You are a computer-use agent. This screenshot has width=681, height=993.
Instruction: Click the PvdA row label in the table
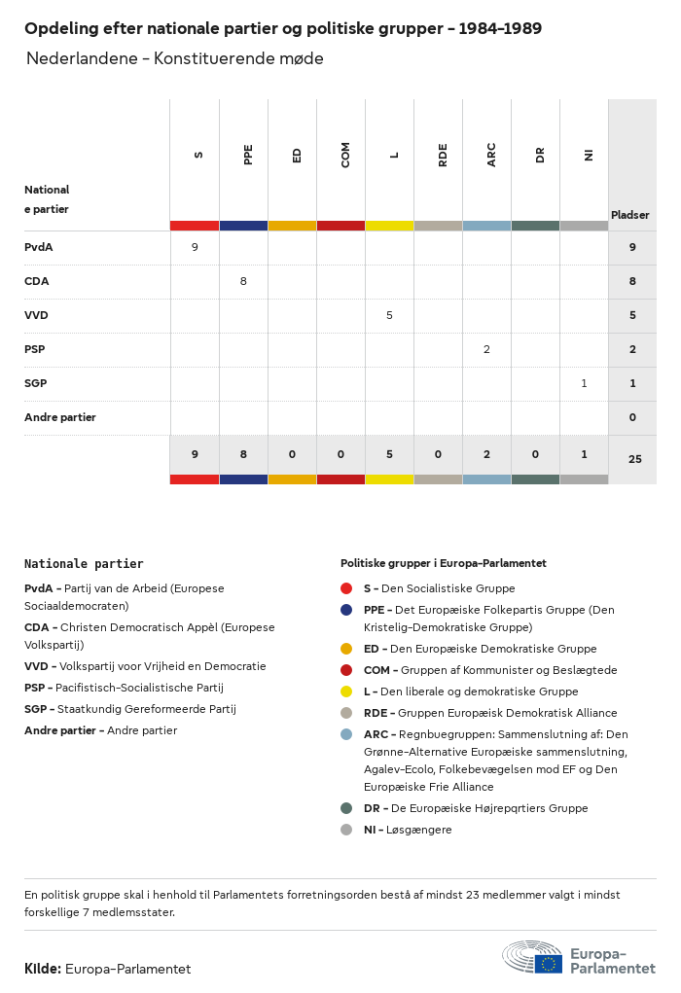[39, 247]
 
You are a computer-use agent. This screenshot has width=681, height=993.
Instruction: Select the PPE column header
[248, 154]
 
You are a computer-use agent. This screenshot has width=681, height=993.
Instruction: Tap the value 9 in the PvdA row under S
[195, 247]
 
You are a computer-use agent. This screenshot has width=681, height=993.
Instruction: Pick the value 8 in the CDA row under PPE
[243, 281]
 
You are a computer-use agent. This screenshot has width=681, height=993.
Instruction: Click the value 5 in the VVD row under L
[389, 315]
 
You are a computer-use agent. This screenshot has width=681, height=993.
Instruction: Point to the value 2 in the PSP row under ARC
[486, 349]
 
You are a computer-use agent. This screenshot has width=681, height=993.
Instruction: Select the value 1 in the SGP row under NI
[584, 383]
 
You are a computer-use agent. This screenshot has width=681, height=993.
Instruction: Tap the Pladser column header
[629, 215]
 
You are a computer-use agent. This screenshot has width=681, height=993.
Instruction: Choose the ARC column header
[491, 154]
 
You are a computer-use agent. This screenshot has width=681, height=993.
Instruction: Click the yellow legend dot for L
[346, 692]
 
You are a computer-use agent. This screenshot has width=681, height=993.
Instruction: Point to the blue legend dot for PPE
[346, 610]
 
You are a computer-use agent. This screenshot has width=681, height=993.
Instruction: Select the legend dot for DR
[346, 808]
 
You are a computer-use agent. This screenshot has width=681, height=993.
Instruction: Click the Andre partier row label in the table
[60, 417]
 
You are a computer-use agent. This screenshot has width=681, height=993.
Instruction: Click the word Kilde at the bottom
[43, 969]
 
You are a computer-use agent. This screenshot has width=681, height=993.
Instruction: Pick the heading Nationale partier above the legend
[84, 563]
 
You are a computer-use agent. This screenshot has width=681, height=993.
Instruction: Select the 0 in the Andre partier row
[632, 417]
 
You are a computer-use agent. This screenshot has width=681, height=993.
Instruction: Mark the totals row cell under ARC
[486, 453]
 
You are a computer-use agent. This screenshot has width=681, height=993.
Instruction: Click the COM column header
[345, 154]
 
